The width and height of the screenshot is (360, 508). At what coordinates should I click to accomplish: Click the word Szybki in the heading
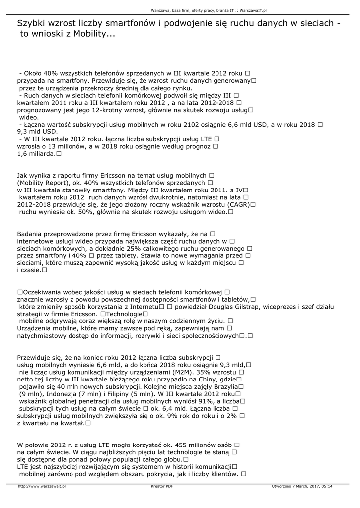click(31, 23)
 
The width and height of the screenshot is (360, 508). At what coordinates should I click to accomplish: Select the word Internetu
click(142, 307)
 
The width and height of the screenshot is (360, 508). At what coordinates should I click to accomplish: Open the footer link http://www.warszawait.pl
click(42, 486)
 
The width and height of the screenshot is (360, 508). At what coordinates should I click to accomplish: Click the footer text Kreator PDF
click(162, 486)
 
